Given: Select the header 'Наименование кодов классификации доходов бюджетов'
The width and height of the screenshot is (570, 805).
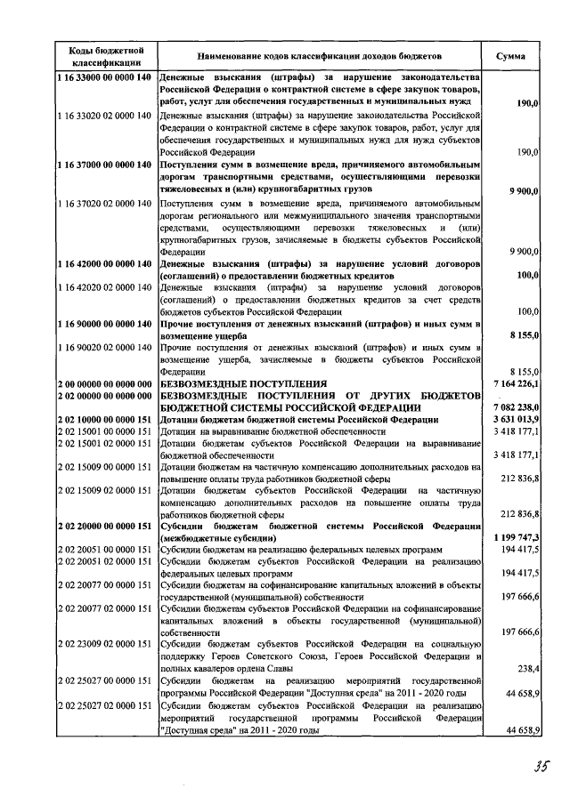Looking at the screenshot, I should pos(320,56).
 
